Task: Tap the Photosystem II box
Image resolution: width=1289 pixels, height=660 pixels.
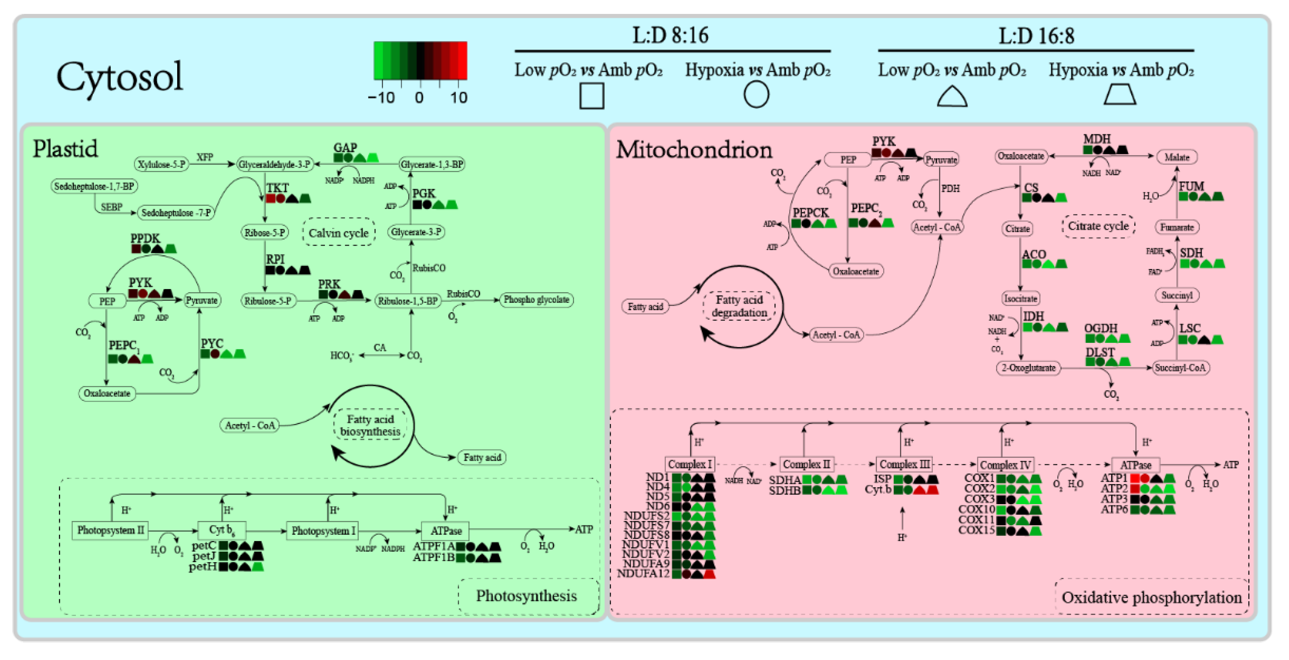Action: (111, 530)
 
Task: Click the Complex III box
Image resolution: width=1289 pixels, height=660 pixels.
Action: (904, 464)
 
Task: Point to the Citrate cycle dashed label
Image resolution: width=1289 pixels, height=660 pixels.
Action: (1098, 226)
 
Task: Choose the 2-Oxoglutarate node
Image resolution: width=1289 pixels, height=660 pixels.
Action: (1028, 368)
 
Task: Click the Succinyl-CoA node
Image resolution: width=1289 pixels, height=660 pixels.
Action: (1180, 368)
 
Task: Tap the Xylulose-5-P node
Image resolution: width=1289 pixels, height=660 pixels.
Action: (162, 164)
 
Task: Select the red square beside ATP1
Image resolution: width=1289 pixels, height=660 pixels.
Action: (1135, 478)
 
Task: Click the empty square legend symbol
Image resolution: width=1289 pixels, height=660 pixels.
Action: (592, 96)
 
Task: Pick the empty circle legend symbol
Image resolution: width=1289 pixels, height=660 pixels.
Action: (756, 94)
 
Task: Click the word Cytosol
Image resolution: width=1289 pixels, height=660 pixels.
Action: (120, 77)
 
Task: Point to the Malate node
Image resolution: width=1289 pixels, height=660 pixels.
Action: (1176, 157)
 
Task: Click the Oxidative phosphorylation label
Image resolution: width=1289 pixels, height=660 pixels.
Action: (1151, 597)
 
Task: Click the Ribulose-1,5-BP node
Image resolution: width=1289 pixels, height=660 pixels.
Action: (407, 301)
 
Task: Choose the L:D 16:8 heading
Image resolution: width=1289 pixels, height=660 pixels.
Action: (1036, 36)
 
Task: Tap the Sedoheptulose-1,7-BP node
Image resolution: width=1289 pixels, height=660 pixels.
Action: (94, 186)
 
